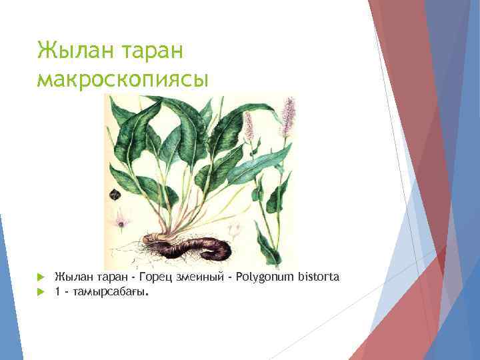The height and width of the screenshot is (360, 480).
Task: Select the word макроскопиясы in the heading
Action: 123,78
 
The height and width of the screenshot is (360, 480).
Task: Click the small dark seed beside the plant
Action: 115,195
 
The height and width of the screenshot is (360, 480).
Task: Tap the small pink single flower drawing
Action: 121,222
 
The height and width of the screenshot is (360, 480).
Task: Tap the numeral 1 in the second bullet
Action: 58,291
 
